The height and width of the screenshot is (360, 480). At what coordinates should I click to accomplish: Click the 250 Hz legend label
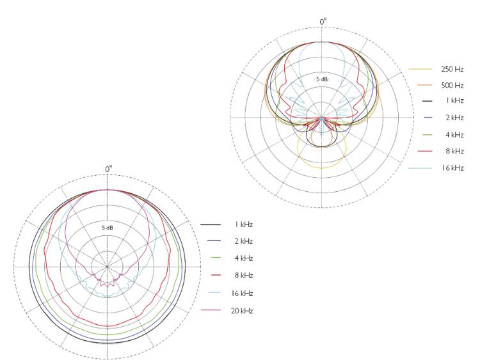pos(452,68)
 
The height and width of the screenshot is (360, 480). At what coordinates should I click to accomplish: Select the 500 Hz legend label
pos(452,85)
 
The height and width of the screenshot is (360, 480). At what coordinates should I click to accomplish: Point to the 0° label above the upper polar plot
pos(323,22)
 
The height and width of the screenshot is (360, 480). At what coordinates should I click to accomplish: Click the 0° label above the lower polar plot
pos(109,169)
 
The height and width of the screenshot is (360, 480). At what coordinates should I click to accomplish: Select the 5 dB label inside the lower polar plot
pos(108,227)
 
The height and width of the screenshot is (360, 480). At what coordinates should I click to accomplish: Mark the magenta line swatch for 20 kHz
pos(211,310)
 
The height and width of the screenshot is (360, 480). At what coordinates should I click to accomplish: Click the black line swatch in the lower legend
pos(211,224)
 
